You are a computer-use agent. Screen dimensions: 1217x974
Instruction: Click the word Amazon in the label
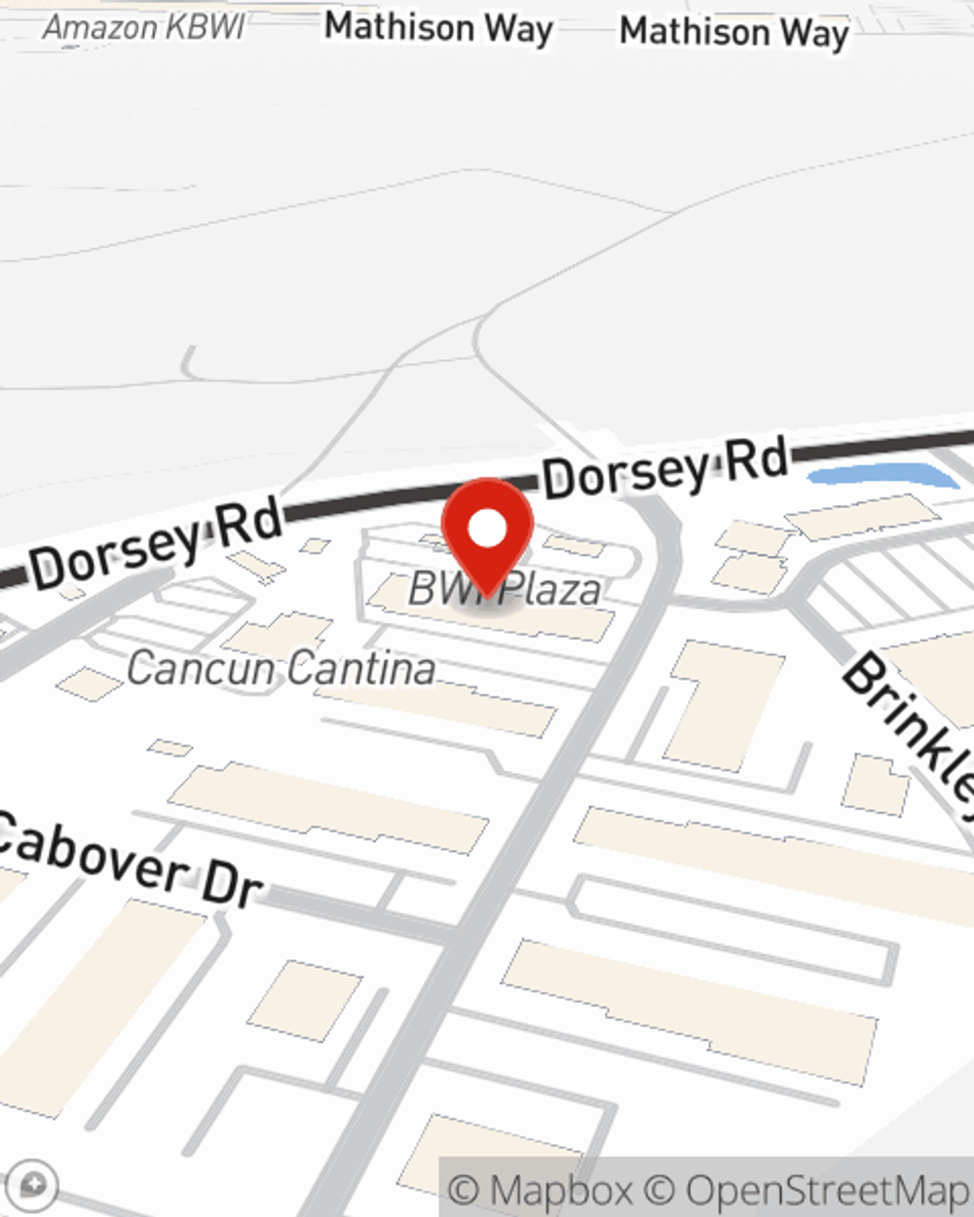click(90, 27)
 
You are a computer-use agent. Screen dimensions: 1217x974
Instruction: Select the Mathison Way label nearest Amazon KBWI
click(438, 27)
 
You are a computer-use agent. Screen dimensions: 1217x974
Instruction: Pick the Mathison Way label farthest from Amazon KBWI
click(734, 32)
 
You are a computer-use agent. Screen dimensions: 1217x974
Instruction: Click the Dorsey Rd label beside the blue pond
click(666, 468)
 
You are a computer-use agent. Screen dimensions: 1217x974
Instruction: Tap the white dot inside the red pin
click(487, 529)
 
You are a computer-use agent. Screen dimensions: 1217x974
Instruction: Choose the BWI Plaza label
click(505, 589)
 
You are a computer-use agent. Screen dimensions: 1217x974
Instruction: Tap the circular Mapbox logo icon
click(33, 1186)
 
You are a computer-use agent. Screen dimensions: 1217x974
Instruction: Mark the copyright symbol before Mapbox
click(464, 1190)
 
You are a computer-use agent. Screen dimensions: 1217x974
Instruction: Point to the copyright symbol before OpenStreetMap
click(660, 1190)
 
